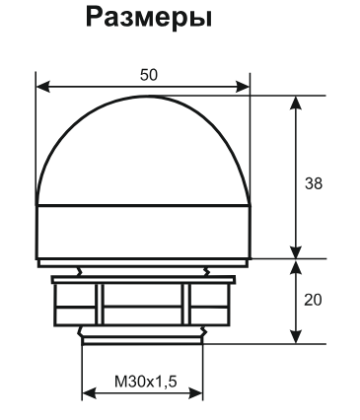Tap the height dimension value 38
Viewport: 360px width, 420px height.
coord(313,183)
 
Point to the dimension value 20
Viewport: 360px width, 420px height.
coord(313,299)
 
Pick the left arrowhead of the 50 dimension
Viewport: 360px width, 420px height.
coord(41,86)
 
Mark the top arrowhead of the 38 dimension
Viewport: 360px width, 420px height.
coord(295,102)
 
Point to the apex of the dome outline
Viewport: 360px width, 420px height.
coord(142,97)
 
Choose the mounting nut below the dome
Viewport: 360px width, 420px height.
coord(142,301)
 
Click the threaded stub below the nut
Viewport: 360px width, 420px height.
coord(142,336)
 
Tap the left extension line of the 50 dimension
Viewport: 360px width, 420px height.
coord(36,128)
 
